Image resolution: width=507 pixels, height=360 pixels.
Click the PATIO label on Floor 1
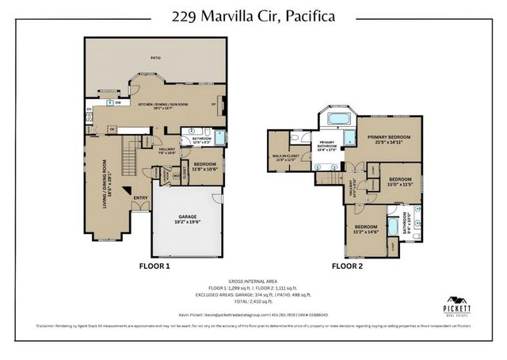point(155,57)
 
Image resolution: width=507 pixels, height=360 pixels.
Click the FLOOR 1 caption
point(154,266)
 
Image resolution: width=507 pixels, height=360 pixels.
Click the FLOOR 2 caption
point(347,266)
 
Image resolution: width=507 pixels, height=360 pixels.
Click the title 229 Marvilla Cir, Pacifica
point(253,16)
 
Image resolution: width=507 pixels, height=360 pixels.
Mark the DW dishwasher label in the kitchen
point(118,103)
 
